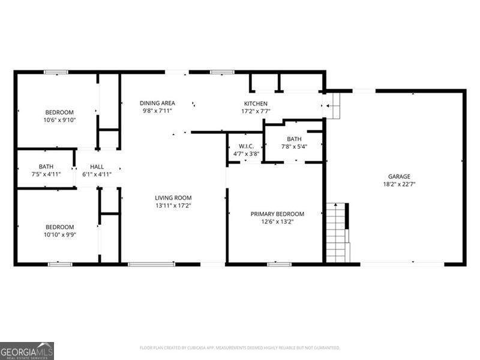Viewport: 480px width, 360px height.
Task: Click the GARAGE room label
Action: pos(399,176)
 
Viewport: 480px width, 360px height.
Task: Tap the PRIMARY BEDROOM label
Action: pos(277,214)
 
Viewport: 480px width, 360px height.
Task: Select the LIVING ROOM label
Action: pos(173,198)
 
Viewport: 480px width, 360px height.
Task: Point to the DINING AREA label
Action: pos(157,103)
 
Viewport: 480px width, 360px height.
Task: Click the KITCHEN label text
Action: pos(256,103)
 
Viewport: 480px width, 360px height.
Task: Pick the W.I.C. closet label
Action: pos(246,146)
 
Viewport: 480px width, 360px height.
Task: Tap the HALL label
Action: pos(97,167)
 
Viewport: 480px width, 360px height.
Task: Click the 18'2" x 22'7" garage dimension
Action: pos(399,184)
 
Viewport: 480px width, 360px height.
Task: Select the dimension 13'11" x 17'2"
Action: pos(173,206)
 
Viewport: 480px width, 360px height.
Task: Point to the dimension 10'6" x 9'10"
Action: pos(59,120)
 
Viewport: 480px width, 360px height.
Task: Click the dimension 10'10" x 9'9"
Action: pos(59,235)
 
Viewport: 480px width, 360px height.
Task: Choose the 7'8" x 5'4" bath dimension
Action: pos(294,146)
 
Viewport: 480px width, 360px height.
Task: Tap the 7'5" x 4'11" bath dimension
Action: pos(46,175)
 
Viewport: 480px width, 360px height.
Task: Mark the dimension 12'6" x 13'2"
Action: pos(277,221)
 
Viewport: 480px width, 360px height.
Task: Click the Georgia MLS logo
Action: pos(27,351)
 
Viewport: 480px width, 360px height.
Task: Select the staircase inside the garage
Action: pos(338,233)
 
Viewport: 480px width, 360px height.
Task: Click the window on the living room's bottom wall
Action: pos(151,264)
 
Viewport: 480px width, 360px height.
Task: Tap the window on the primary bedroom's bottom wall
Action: pos(279,264)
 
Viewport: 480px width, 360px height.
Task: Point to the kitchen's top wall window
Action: pos(222,72)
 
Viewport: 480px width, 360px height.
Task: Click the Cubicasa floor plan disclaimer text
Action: pos(239,348)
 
